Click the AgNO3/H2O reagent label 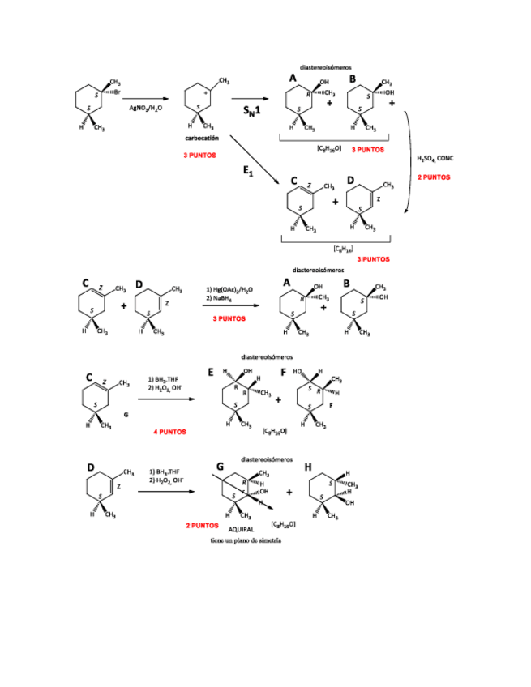145,108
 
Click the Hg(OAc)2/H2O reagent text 229,289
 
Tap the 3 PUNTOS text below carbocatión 199,154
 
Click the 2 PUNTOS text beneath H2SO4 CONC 434,177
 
